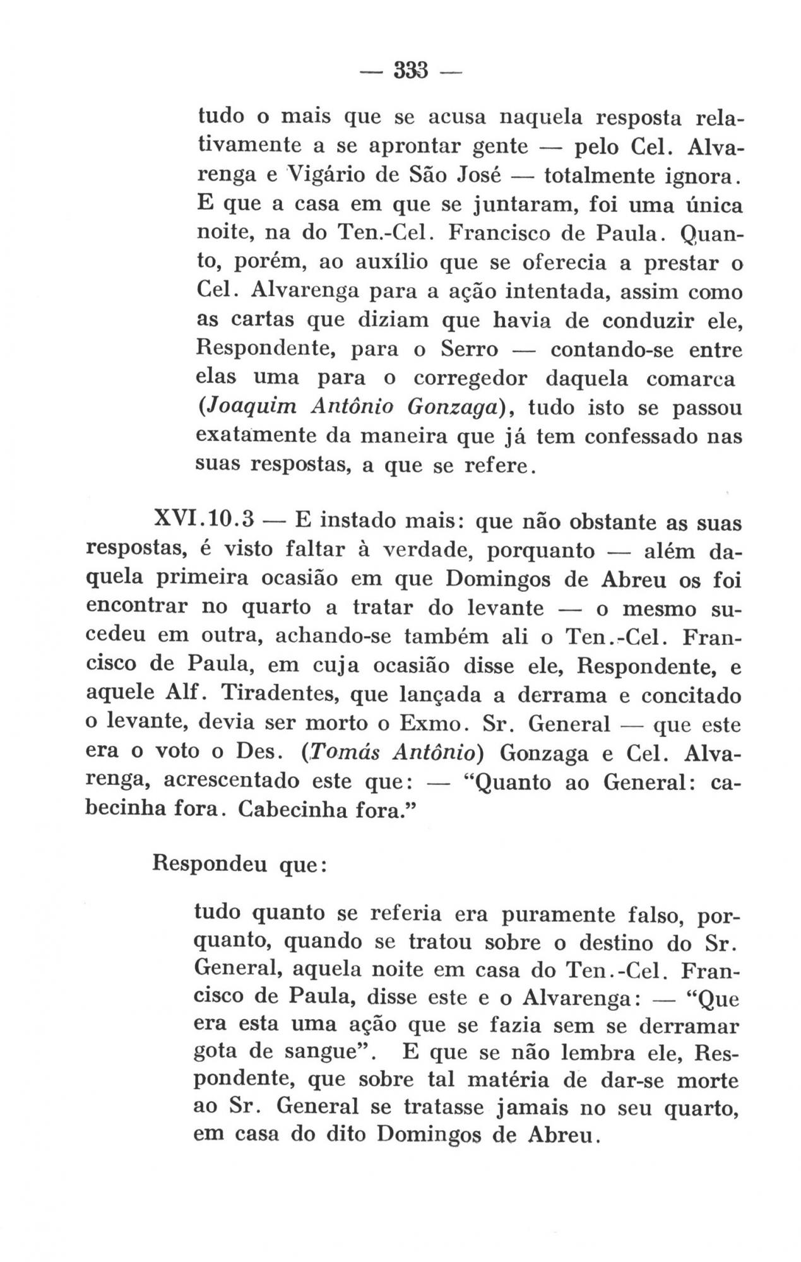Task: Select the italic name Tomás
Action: (x=341, y=753)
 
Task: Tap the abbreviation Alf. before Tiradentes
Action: (x=186, y=695)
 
